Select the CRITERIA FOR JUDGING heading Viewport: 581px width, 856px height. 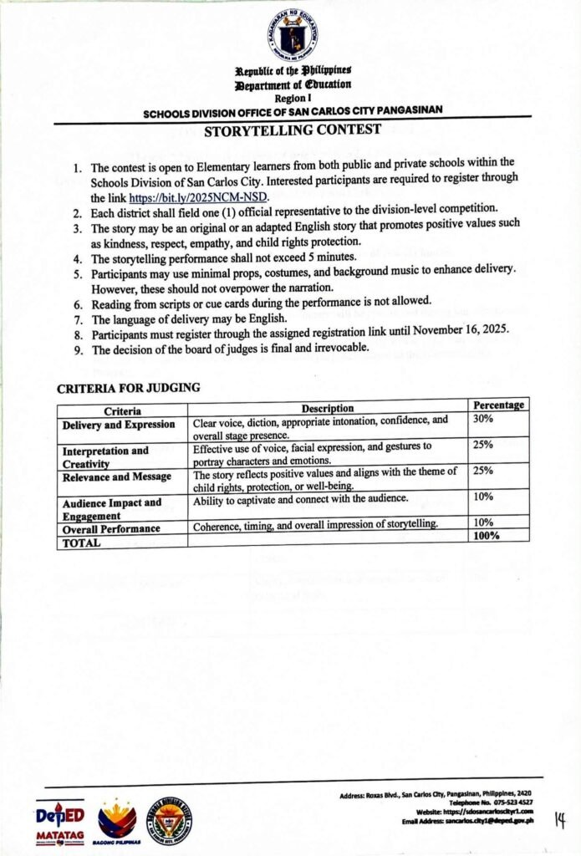128,388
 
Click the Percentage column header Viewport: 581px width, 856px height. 498,405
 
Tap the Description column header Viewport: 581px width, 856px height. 328,408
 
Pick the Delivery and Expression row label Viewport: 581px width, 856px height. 119,425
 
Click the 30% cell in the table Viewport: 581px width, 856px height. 482,419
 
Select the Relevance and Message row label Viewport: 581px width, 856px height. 118,476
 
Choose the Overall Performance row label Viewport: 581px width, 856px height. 111,529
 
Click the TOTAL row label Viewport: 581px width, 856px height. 81,542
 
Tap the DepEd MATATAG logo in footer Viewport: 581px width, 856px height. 60,822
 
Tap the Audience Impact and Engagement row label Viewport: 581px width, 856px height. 112,509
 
